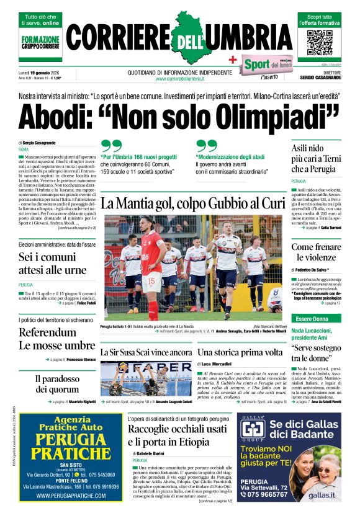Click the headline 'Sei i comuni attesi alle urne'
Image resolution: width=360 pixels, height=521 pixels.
pyautogui.click(x=52, y=264)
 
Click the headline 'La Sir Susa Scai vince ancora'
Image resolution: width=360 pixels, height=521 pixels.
pyautogui.click(x=146, y=352)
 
